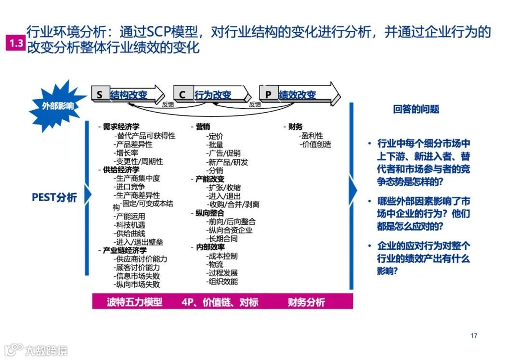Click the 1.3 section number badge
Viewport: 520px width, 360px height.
pos(14,43)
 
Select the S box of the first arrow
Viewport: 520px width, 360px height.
pos(100,95)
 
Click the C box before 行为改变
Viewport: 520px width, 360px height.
pos(182,95)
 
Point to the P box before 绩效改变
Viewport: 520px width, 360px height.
pos(268,95)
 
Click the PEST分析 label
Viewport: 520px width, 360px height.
pos(54,197)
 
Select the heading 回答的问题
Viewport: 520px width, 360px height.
pos(416,109)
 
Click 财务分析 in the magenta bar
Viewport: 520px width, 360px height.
pos(306,302)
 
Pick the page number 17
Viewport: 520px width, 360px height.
pos(474,336)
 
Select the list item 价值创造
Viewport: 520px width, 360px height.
pos(315,144)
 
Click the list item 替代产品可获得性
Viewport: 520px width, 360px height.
pos(145,136)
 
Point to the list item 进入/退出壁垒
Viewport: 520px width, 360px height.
pos(139,242)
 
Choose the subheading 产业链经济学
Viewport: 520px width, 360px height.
pos(125,250)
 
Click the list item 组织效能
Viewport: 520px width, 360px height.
pos(222,282)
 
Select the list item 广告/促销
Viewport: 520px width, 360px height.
pos(223,153)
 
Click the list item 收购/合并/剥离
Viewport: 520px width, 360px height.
pos(233,204)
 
